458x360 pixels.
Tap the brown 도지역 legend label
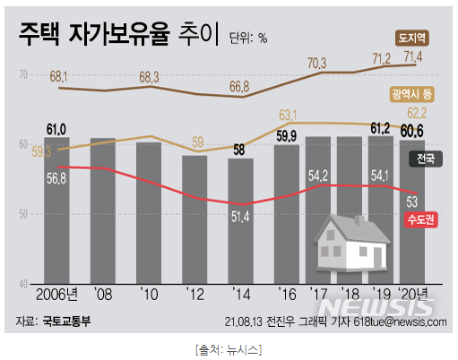414,38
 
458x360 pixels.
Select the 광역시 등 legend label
413,93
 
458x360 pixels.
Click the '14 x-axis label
242,295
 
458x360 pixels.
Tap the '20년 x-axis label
413,295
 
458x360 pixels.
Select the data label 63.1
289,115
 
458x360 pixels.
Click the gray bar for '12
196,219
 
